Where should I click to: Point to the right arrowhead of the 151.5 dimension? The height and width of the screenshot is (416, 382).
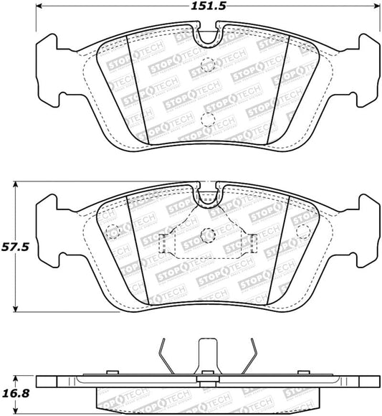[x=378, y=9]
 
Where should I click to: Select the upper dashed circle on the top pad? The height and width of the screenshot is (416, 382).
[x=208, y=62]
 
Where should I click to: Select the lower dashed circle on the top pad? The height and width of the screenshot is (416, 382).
[x=208, y=120]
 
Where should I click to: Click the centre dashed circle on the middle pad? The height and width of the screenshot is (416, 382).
[x=208, y=235]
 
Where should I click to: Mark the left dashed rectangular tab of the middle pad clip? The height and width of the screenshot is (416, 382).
[x=164, y=245]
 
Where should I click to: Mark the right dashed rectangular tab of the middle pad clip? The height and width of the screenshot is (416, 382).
[x=252, y=245]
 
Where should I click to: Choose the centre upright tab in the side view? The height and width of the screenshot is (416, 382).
[x=208, y=355]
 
